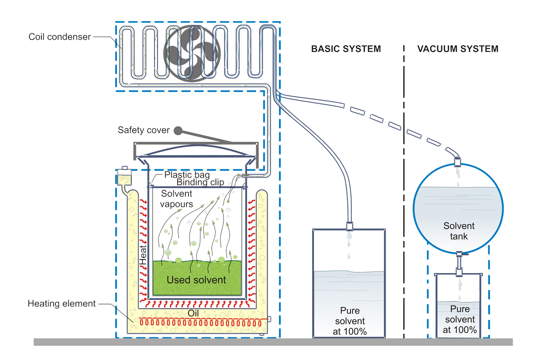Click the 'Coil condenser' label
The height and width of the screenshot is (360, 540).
pyautogui.click(x=59, y=37)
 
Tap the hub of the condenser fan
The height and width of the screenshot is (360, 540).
pyautogui.click(x=192, y=53)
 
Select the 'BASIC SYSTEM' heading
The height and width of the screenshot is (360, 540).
pyautogui.click(x=346, y=49)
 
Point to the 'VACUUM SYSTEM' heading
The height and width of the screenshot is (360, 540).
pyautogui.click(x=458, y=49)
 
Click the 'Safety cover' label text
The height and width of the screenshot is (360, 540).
pyautogui.click(x=144, y=130)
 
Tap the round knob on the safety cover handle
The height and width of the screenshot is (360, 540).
pyautogui.click(x=178, y=130)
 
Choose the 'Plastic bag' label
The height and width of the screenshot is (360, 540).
pyautogui.click(x=187, y=175)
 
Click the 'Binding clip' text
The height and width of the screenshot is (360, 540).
pyautogui.click(x=200, y=182)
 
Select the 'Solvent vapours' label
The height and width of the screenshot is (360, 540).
pyautogui.click(x=176, y=199)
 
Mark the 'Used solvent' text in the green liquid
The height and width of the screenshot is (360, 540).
pyautogui.click(x=196, y=280)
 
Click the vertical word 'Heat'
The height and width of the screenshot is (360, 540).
pyautogui.click(x=143, y=255)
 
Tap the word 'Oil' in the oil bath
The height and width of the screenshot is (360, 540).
pyautogui.click(x=193, y=313)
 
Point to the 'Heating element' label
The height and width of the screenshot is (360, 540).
pyautogui.click(x=62, y=304)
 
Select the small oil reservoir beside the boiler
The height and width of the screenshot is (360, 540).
pyautogui.click(x=124, y=177)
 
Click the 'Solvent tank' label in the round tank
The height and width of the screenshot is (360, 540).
pyautogui.click(x=459, y=231)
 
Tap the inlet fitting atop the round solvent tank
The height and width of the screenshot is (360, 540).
pyautogui.click(x=458, y=162)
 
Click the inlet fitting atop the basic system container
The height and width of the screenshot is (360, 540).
pyautogui.click(x=350, y=226)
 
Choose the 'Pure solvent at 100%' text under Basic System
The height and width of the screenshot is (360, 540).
pyautogui.click(x=350, y=321)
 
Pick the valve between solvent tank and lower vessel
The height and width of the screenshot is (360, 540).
pyautogui.click(x=459, y=264)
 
